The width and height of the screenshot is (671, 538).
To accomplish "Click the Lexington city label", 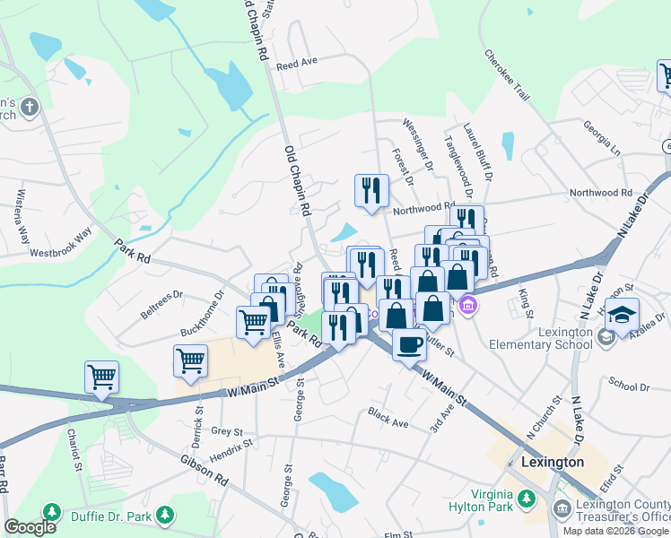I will (552, 463).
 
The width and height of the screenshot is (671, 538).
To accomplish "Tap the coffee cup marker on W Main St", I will (410, 344).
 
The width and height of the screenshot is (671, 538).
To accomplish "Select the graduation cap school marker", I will (622, 316).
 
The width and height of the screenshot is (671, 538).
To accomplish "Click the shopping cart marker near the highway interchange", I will (101, 377).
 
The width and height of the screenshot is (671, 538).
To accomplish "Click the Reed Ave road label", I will (298, 65).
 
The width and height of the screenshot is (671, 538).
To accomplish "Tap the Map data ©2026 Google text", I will (616, 530).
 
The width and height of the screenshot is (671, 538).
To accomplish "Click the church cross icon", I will (30, 108).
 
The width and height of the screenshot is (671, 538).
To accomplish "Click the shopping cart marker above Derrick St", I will (190, 360).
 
